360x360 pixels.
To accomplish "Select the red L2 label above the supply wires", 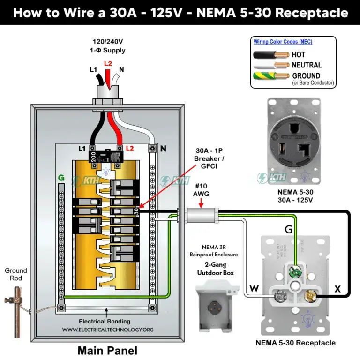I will (x=108, y=63).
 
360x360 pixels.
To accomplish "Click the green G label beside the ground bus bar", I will (x=60, y=178).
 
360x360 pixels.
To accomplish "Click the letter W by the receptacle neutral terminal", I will (x=254, y=289).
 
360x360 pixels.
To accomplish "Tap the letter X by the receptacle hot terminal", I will (x=337, y=289).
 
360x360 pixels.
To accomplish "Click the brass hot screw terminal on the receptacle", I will (x=310, y=296).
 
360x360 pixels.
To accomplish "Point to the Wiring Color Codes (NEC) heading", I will (x=283, y=42).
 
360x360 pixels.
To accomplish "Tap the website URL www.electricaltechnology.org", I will (x=107, y=330).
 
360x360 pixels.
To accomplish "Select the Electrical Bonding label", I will (x=108, y=322).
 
